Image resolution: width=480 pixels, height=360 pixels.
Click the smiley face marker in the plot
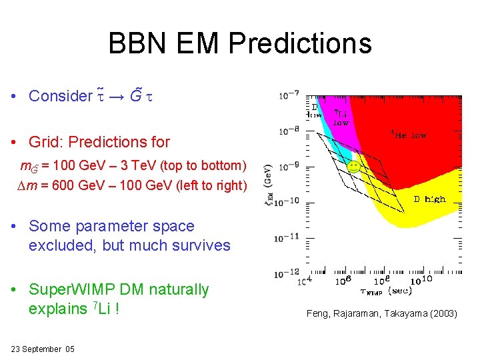click(x=354, y=166)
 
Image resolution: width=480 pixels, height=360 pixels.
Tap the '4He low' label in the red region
click(x=409, y=135)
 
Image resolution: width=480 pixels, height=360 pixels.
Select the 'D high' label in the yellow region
click(x=429, y=199)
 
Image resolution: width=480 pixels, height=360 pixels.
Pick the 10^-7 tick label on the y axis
click(x=289, y=95)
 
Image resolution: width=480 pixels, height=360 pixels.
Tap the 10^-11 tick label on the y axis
click(x=289, y=237)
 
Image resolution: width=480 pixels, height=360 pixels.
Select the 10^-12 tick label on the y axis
click(x=289, y=273)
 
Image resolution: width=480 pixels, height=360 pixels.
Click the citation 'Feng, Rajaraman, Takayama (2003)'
click(x=382, y=313)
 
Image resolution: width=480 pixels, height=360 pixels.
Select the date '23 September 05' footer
click(x=43, y=349)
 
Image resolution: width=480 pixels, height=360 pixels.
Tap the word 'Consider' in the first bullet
click(x=60, y=96)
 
